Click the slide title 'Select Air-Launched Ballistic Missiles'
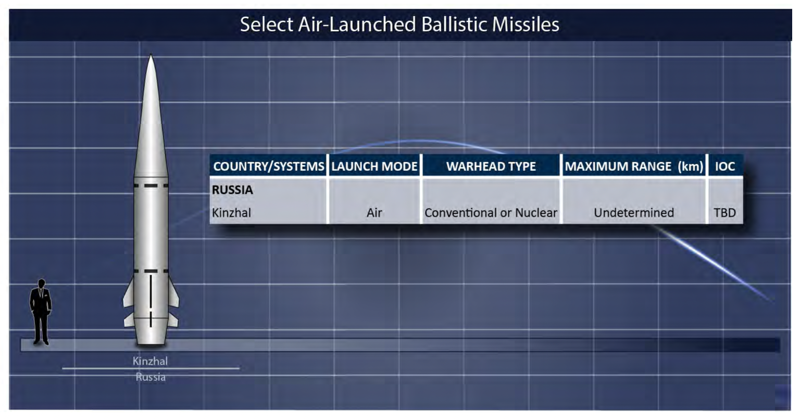399,24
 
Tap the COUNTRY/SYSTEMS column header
269,166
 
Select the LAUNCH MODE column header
374,166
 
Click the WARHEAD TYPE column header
491,166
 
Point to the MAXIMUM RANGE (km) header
634,166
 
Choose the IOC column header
725,166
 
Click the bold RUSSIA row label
232,190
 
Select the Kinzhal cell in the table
231,213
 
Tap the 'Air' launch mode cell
374,213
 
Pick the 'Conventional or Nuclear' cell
491,213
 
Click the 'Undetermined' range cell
634,213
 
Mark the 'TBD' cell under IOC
725,213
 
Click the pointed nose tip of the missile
151,55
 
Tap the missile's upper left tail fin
129,293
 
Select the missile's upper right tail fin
173,293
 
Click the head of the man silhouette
42,283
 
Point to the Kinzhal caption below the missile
150,361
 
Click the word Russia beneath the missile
151,377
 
